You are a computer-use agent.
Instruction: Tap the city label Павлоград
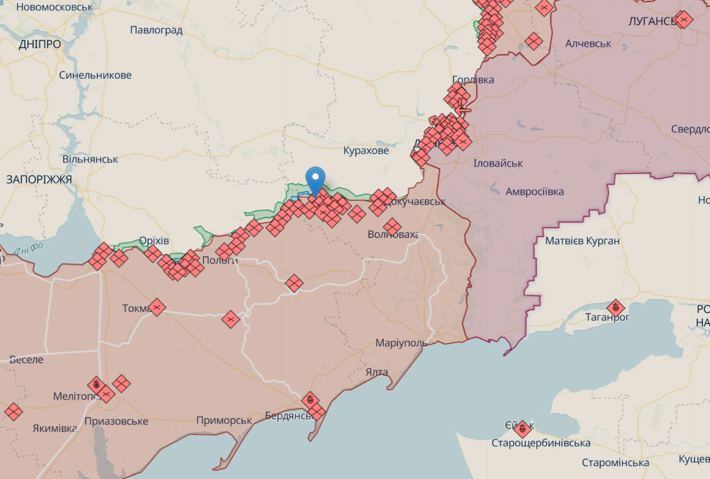point(156,30)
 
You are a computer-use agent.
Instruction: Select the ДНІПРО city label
point(40,44)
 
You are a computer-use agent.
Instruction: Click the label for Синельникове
point(95,75)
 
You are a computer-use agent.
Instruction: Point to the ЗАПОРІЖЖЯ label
point(39,179)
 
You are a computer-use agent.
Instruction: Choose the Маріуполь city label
point(401,343)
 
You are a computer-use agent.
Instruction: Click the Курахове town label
point(366,150)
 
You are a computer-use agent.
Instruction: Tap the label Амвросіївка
point(534,192)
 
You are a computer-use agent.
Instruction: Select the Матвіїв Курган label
point(582,241)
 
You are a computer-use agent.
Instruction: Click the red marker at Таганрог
point(616,309)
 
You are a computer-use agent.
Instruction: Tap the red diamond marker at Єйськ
point(522,428)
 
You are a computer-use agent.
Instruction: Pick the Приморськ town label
point(224,420)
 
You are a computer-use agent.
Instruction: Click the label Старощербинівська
point(541,443)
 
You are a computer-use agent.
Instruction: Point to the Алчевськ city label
point(588,44)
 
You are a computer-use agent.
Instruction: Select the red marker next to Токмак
point(156,307)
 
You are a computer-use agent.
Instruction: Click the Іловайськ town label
point(498,163)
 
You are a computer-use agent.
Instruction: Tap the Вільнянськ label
point(90,159)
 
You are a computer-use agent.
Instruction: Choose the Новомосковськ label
point(54,7)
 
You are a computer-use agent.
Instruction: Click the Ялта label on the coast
point(376,372)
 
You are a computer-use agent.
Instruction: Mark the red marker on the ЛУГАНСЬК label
point(684,20)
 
